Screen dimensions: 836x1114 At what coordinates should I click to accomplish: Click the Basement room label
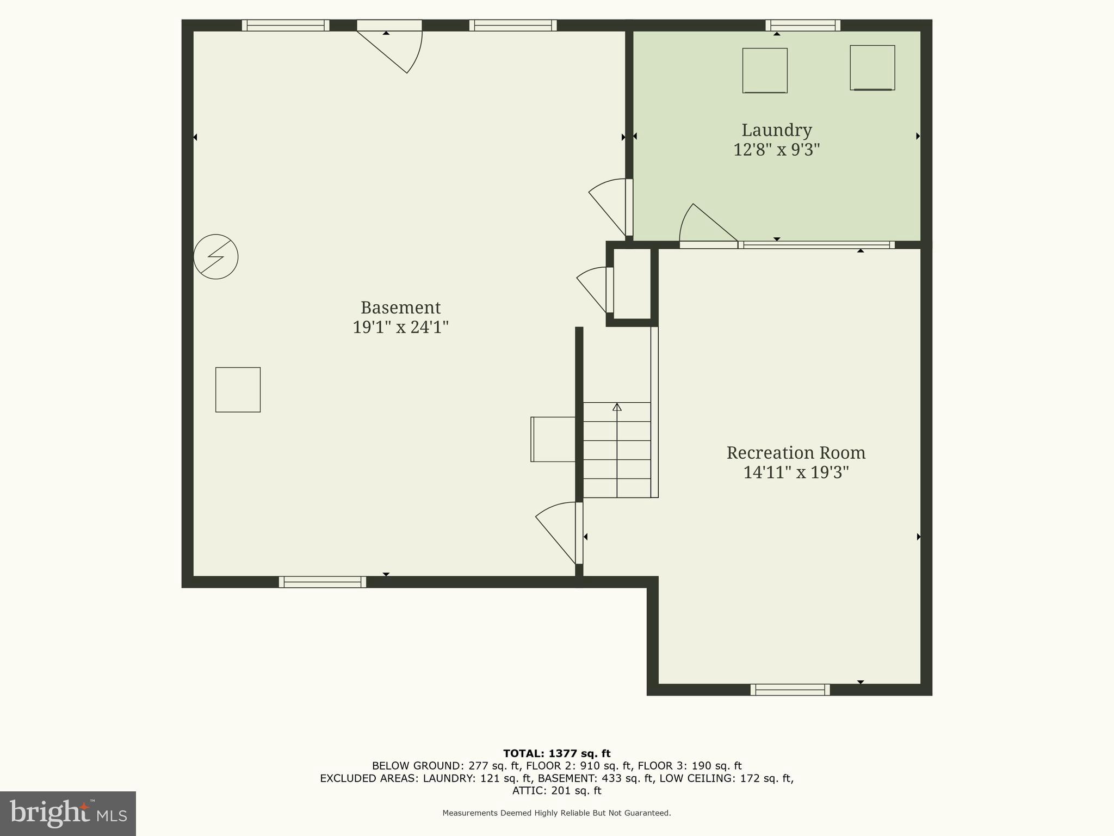click(400, 308)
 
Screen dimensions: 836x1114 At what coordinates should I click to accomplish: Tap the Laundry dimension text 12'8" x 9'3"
click(776, 150)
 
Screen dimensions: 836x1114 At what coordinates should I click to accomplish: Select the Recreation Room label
click(796, 453)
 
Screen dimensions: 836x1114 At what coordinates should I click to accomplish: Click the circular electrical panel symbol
click(216, 257)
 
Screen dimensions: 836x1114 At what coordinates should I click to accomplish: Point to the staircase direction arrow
click(617, 407)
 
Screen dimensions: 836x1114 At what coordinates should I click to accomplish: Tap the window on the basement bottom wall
click(323, 582)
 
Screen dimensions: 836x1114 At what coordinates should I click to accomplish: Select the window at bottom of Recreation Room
click(790, 690)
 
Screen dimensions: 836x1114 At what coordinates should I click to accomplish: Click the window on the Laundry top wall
click(803, 25)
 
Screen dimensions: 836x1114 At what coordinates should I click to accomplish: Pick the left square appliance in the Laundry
click(765, 70)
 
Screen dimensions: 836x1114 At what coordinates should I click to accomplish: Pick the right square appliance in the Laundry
click(872, 67)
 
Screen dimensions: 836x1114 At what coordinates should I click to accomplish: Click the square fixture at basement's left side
click(238, 390)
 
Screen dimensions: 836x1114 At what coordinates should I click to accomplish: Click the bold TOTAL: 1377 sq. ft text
click(556, 754)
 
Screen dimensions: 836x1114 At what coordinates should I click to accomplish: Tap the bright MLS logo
click(68, 813)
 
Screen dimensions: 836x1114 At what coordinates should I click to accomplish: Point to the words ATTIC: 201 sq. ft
click(556, 791)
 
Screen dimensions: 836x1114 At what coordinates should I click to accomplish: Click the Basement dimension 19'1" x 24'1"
click(400, 327)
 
